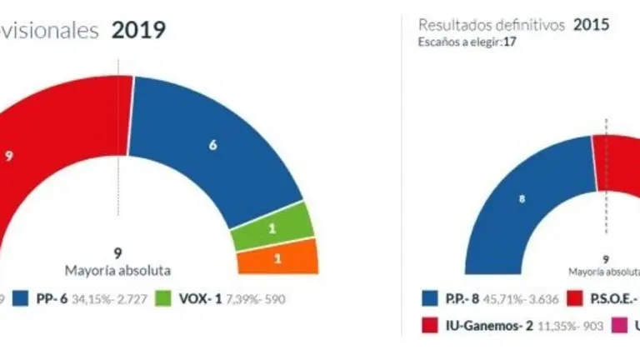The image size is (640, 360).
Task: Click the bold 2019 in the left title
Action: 138,31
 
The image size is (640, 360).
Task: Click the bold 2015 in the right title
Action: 591,25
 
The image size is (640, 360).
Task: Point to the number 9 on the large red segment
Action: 8,155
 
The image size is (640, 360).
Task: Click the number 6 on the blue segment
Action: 213,144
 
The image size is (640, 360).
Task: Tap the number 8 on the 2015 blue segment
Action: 522,199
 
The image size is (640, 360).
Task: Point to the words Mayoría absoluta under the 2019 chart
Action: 117,270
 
